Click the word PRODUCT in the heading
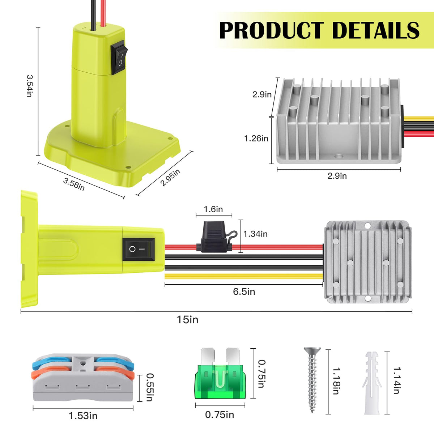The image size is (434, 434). [272, 30]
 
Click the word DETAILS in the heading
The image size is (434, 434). [376, 30]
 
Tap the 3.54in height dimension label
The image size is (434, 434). [30, 86]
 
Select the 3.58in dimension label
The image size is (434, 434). [74, 184]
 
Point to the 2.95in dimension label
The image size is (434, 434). [170, 178]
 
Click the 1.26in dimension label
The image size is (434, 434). [256, 138]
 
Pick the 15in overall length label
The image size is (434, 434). [188, 320]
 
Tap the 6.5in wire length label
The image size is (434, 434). [244, 292]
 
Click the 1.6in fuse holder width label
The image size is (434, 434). [213, 209]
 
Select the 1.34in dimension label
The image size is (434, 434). [255, 234]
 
